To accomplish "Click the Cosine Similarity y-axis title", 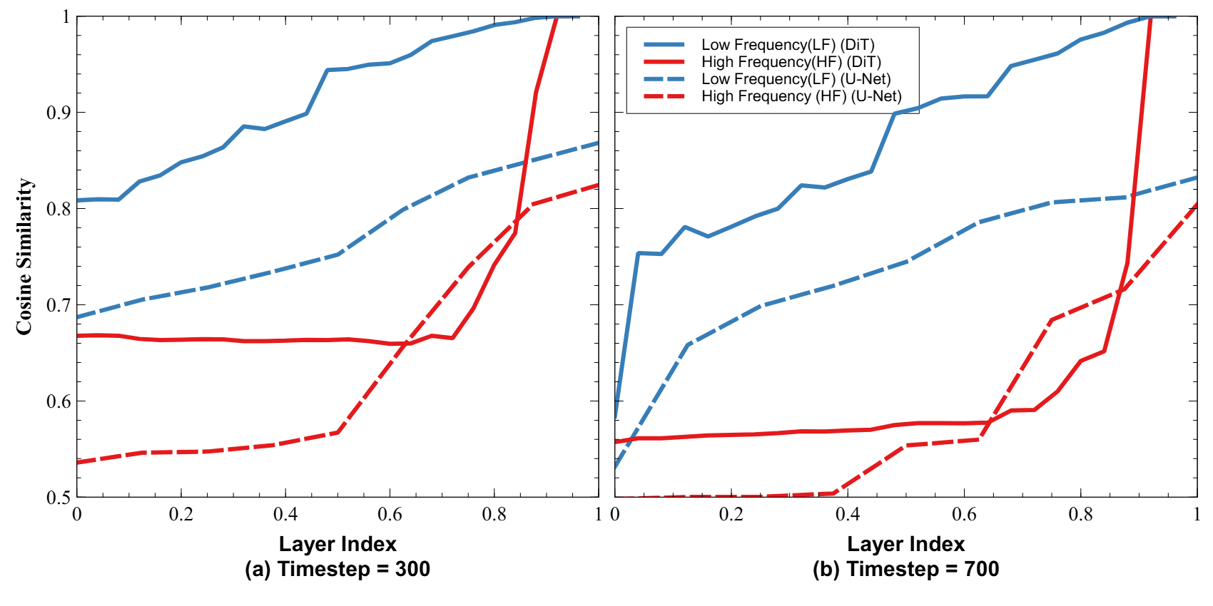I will click(x=24, y=257).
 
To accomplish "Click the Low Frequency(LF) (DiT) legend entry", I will click(x=788, y=45).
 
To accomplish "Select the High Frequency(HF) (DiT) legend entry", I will click(x=791, y=62).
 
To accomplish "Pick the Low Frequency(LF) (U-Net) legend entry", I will click(x=796, y=79).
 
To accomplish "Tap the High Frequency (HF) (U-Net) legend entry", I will click(x=801, y=96).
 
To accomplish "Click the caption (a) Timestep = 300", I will click(x=337, y=569).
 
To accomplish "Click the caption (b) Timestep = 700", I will click(x=905, y=569).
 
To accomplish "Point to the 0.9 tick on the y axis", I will click(x=59, y=113).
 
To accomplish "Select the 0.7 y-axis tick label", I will click(x=59, y=305).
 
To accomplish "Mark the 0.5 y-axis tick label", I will click(x=59, y=498).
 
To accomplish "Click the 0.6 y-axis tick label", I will click(x=59, y=401).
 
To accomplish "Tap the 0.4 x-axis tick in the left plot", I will click(x=285, y=515).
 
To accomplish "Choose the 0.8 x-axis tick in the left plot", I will click(x=494, y=515).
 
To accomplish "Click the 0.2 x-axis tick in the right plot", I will click(x=731, y=515).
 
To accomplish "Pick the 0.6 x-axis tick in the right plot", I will click(x=964, y=515).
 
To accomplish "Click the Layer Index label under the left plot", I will click(x=337, y=544).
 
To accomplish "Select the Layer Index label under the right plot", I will click(x=905, y=544).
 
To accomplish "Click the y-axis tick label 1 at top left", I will click(x=66, y=16).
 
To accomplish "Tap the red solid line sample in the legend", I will click(x=664, y=62).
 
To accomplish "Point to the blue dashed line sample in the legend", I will click(x=664, y=79).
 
